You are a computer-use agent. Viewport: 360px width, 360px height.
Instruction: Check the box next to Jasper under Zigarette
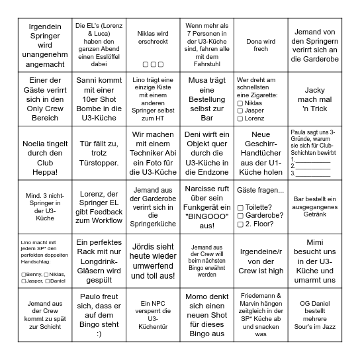point(240,111)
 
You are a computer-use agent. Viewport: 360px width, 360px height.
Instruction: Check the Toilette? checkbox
point(240,207)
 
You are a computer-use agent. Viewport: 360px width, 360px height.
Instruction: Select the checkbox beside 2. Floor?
point(240,224)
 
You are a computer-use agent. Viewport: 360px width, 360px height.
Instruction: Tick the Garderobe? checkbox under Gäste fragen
point(240,216)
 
